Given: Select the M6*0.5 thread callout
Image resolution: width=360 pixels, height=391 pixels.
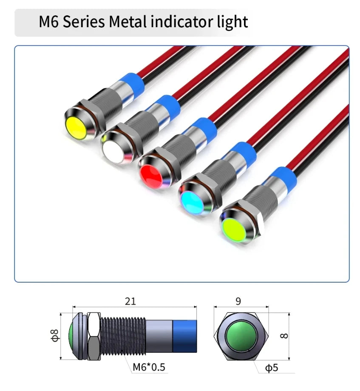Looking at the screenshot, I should (x=149, y=367).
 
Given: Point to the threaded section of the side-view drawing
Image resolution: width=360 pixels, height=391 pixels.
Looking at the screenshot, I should (x=123, y=336).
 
